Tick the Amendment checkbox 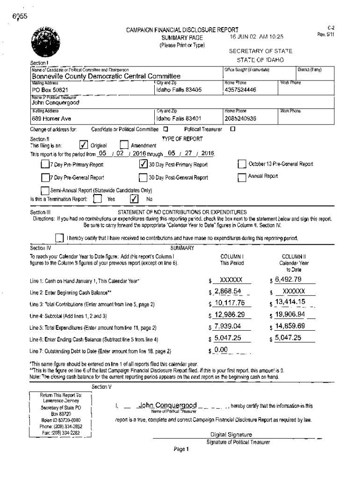(x=124, y=145)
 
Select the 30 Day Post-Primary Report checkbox (x=144, y=164)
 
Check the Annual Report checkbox (x=241, y=177)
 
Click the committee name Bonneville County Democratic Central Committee (x=106, y=76)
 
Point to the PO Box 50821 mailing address (x=50, y=89)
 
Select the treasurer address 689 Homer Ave (x=51, y=118)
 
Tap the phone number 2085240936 (x=240, y=118)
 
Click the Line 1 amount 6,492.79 (x=288, y=280)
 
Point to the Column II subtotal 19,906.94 (x=290, y=314)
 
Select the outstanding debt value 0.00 (x=220, y=349)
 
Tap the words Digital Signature (x=231, y=435)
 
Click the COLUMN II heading (x=294, y=256)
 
